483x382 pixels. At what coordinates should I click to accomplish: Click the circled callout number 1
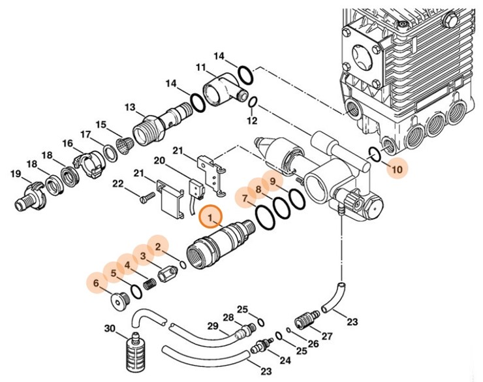click(x=210, y=215)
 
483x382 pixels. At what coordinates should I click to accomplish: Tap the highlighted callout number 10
click(x=397, y=170)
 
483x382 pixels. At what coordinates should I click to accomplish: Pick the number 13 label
click(x=129, y=107)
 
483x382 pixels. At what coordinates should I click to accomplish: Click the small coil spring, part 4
click(x=150, y=285)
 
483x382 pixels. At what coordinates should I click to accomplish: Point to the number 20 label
click(x=159, y=161)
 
